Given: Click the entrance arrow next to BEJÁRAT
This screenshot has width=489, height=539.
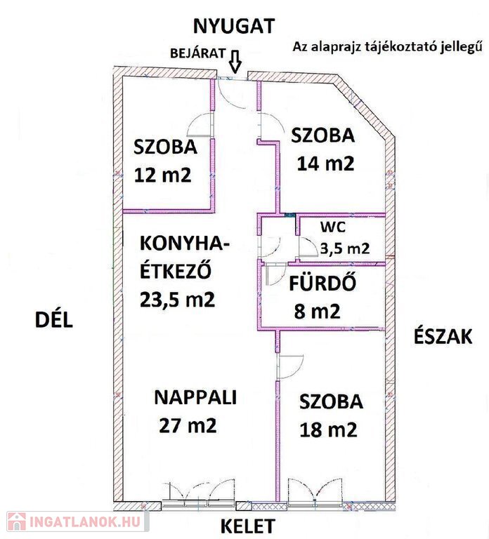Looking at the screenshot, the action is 235,62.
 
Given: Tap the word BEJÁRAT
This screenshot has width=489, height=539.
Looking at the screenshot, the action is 198,53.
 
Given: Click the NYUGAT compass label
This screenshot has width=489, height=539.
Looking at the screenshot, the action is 234,26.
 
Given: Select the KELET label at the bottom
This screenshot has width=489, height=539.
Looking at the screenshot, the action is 247,526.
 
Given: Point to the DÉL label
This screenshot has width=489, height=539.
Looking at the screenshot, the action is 54,320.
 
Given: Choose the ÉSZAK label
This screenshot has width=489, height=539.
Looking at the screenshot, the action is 443,337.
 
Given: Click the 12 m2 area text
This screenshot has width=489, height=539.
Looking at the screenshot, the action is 162,175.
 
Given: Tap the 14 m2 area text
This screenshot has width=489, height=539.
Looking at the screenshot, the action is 325,164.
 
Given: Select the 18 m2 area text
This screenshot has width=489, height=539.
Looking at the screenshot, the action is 328,430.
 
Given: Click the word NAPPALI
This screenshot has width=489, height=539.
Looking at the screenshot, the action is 195,397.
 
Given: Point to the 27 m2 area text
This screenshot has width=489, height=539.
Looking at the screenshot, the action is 188,425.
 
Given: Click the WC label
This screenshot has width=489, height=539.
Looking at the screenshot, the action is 333,227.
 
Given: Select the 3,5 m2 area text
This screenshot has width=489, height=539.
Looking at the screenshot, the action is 345,248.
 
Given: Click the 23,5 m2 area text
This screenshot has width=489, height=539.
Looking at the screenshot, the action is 178,299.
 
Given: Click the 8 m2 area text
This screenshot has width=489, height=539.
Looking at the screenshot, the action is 318,311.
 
